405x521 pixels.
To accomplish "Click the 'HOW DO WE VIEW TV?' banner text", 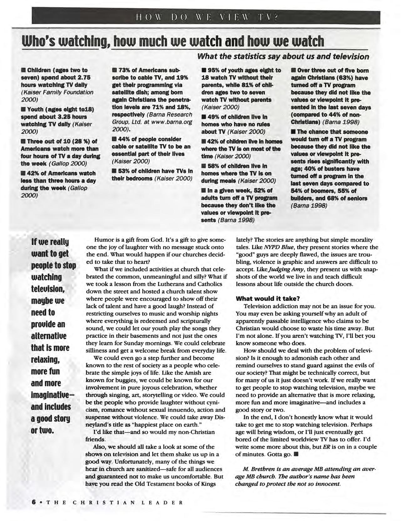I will [206, 18].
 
